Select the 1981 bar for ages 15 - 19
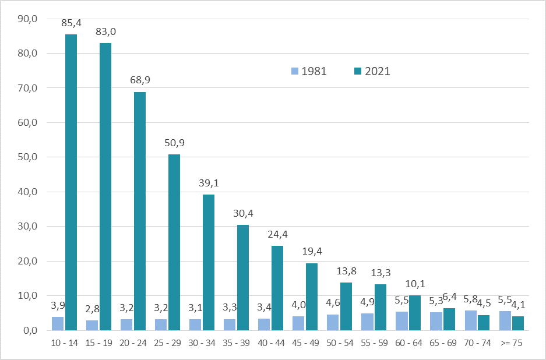click(x=92, y=325)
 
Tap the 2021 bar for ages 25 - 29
click(x=174, y=242)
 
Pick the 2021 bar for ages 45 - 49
click(x=312, y=297)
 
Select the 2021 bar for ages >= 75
click(x=518, y=323)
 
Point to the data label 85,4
click(x=71, y=24)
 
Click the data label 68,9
click(x=140, y=80)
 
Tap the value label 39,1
click(x=208, y=183)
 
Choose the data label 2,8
click(x=92, y=309)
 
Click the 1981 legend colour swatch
click(x=295, y=72)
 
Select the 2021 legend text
click(x=377, y=72)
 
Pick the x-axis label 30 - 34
click(x=202, y=344)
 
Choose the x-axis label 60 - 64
click(x=408, y=344)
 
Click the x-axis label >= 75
click(x=511, y=344)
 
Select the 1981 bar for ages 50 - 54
click(x=333, y=322)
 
